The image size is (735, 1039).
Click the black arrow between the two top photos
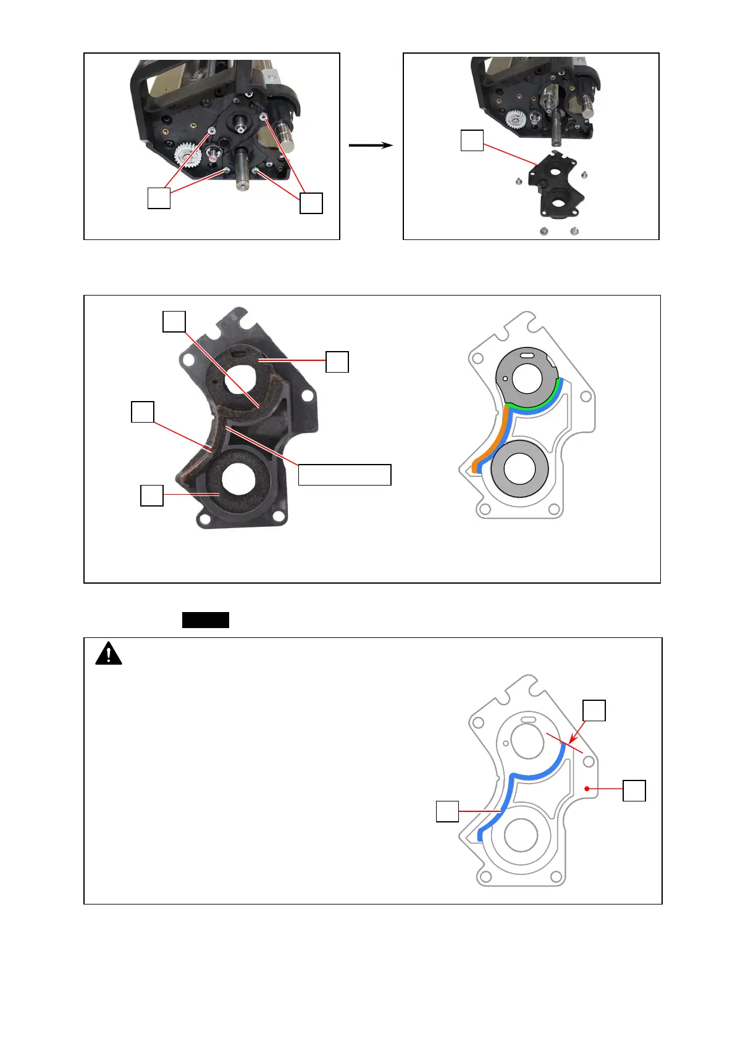[371, 146]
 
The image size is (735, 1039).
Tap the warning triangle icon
[109, 653]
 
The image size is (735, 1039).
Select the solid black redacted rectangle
[205, 620]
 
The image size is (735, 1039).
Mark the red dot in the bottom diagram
[586, 789]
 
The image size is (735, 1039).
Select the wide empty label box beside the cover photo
[345, 475]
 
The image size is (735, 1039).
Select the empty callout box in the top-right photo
[472, 141]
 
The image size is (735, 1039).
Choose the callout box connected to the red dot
[634, 790]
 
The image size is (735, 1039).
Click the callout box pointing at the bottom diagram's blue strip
[447, 811]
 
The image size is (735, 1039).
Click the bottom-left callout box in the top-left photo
[159, 198]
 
